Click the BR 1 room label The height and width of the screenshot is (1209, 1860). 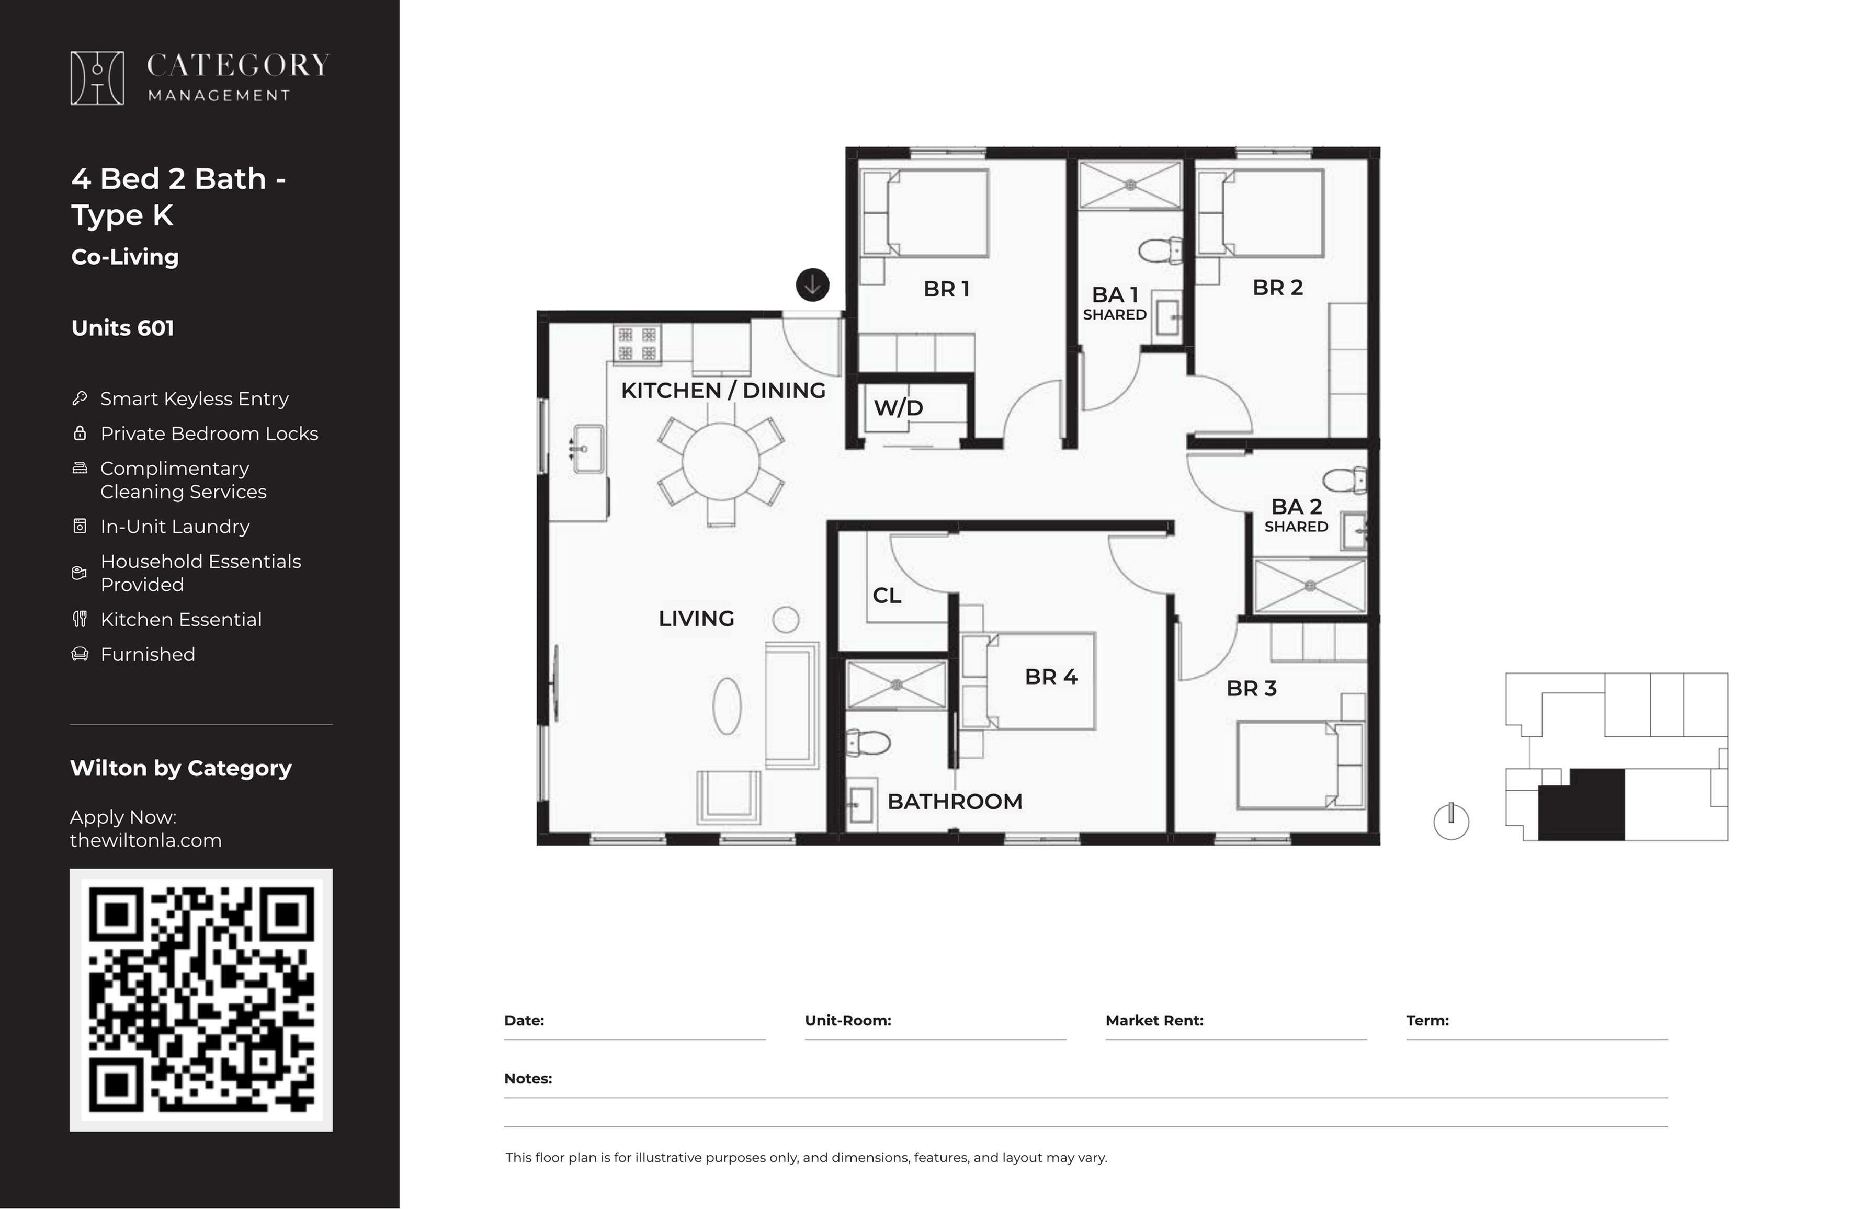coord(946,288)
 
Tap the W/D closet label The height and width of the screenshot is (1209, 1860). coord(898,407)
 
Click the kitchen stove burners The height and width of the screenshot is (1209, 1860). coord(637,345)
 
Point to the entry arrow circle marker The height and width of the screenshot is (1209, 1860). coord(813,284)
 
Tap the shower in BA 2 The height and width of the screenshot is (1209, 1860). coord(1310,585)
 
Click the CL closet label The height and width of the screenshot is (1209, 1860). coord(887,596)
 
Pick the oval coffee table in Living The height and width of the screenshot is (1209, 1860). coord(727,706)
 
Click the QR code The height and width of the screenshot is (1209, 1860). coord(201,999)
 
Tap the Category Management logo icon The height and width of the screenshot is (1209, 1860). coord(97,78)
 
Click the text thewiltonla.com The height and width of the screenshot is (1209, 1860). coord(145,840)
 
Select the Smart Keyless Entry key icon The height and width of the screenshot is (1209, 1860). coord(79,398)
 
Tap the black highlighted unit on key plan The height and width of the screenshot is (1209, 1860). coord(1582,805)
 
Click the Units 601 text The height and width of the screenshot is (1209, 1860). coord(123,328)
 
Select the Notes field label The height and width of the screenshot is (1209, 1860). coord(528,1078)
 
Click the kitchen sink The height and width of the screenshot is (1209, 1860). coord(588,449)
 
